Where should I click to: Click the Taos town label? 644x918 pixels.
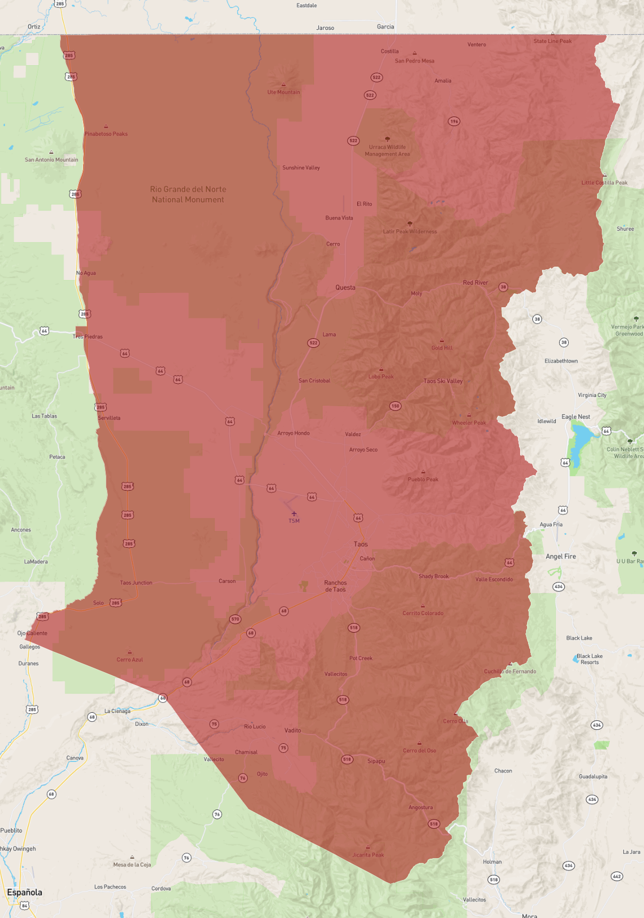360,544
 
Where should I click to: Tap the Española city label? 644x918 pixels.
25,892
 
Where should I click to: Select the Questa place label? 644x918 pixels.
345,287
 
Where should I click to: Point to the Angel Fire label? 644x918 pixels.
561,556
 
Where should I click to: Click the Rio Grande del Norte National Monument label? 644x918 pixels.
188,195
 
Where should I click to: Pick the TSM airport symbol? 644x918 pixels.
294,514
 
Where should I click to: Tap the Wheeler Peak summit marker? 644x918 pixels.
469,415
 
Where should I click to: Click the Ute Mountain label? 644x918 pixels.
284,92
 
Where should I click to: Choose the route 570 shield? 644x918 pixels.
235,619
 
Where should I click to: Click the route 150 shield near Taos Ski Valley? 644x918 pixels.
395,406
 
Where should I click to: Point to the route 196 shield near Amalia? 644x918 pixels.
454,121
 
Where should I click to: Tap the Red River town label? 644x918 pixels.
475,283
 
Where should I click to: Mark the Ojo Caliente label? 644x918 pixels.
33,633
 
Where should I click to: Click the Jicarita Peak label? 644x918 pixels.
368,854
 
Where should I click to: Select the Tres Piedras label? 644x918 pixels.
88,337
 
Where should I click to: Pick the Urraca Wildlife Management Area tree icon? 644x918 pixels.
388,139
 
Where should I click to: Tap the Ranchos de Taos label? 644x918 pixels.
335,586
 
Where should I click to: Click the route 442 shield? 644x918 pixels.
617,876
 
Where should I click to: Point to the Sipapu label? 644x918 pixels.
376,761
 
